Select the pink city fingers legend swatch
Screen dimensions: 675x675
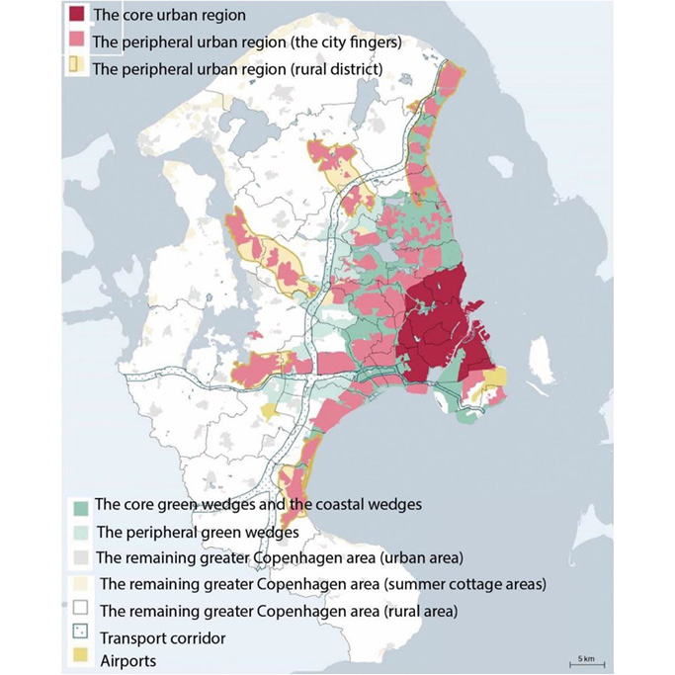click(74, 42)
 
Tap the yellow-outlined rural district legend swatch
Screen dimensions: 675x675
click(74, 68)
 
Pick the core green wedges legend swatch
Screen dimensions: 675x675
click(82, 505)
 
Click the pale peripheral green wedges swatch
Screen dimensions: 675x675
click(82, 532)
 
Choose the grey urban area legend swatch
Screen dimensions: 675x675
click(82, 558)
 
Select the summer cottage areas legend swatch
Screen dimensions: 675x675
click(82, 585)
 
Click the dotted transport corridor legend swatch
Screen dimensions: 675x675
click(82, 638)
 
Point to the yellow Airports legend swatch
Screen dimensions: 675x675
click(82, 661)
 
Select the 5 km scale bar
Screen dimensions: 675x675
click(585, 662)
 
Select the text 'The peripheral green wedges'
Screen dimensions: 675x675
click(198, 532)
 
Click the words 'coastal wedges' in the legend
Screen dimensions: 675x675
click(370, 505)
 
